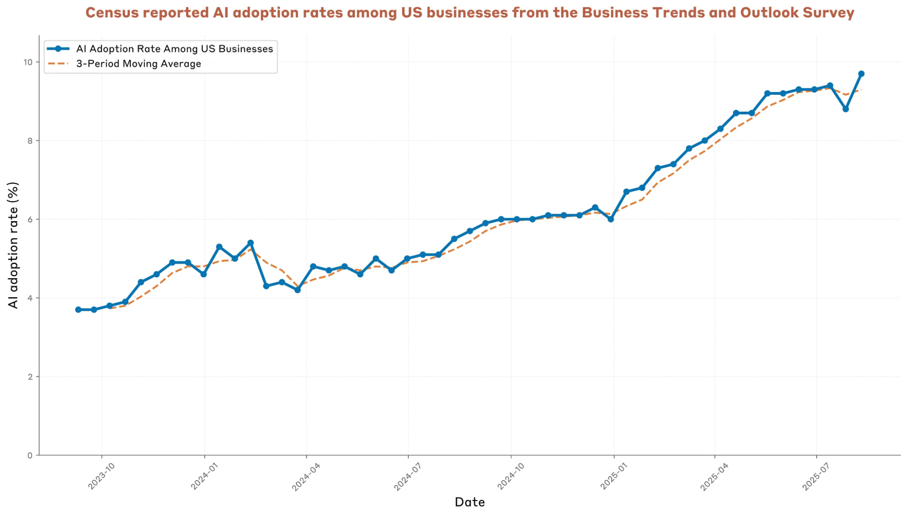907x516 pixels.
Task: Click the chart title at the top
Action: [470, 13]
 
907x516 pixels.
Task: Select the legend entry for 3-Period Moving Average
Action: [138, 64]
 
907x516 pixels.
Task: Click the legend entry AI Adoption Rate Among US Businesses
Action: [174, 49]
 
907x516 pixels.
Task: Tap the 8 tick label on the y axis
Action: [30, 141]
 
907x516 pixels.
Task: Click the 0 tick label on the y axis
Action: [30, 455]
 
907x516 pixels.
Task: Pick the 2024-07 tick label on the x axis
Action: [407, 476]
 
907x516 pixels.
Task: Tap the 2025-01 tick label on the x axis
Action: [613, 476]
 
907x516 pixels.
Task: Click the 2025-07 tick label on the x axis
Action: [815, 476]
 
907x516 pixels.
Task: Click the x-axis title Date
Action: [470, 502]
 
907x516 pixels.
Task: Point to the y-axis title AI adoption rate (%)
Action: [13, 245]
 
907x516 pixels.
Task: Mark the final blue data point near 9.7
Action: [861, 74]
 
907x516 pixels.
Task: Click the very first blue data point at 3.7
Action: [78, 310]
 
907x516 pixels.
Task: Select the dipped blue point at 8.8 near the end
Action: [846, 109]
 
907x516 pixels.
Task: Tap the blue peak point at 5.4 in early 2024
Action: [250, 243]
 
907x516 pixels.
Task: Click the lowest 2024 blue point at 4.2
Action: [298, 290]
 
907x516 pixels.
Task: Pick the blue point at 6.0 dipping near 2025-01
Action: [611, 219]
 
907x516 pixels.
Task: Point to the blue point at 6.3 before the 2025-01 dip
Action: [595, 207]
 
